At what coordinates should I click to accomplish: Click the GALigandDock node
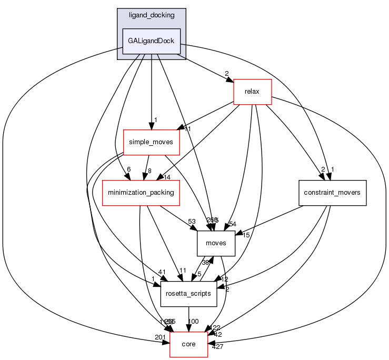point(152,41)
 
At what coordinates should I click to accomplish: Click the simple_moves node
point(151,143)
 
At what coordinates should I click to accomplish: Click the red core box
point(188,344)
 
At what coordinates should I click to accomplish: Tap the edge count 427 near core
point(217,346)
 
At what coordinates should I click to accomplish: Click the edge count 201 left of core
point(159,336)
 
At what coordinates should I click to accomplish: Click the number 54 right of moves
point(232,225)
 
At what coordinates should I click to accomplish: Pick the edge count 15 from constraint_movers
point(246,235)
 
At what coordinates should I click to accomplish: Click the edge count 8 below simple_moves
point(150,171)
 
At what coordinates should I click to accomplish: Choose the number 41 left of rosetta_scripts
point(147,272)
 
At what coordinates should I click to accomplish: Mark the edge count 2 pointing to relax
point(227,74)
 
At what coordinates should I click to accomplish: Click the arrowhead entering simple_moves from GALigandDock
point(151,126)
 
